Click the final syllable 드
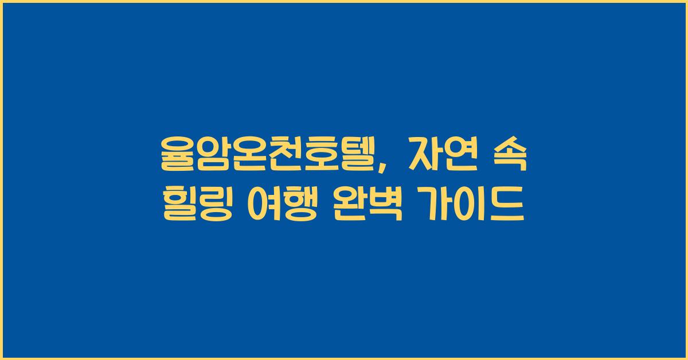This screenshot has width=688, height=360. pos(507,206)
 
